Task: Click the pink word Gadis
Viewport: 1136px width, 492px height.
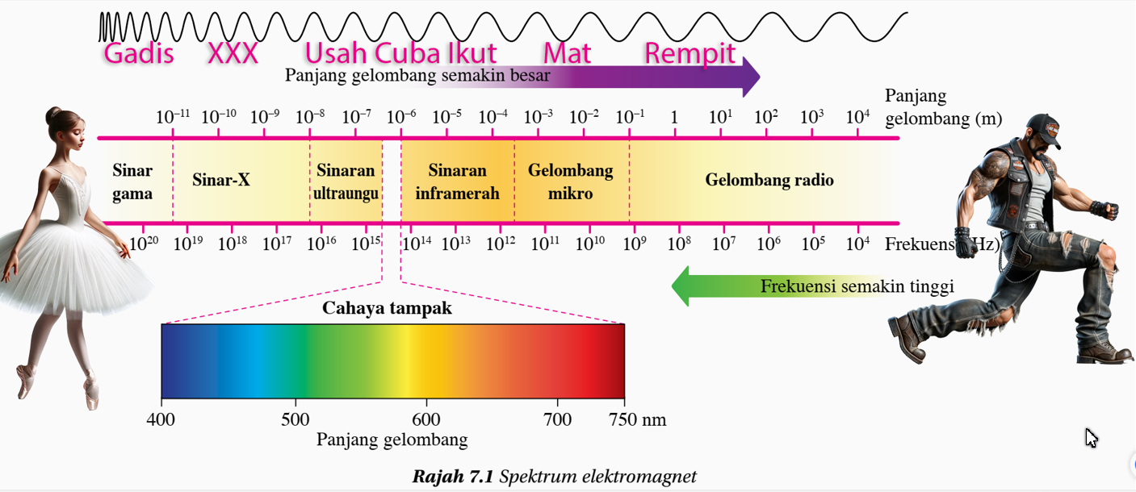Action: tap(139, 54)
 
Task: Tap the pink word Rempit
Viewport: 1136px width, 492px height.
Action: tap(690, 54)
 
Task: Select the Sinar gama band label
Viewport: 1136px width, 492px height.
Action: tap(132, 182)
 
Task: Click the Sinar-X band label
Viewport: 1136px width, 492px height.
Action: tap(221, 180)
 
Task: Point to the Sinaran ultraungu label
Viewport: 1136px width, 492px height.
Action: tap(346, 182)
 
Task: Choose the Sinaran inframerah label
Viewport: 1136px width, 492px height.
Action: tap(457, 182)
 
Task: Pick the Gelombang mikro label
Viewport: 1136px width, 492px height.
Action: tap(570, 182)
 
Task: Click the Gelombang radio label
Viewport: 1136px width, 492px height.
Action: tap(769, 180)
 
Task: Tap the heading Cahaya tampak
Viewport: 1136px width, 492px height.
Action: tap(387, 308)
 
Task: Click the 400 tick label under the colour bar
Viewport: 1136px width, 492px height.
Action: tap(161, 419)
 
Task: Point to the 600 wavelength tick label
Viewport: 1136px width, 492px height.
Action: tap(426, 419)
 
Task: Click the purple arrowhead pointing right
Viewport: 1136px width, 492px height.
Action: tap(751, 77)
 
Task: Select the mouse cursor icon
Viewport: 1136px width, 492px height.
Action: tap(1092, 438)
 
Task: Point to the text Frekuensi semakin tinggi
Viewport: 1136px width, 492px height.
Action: tap(857, 286)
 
